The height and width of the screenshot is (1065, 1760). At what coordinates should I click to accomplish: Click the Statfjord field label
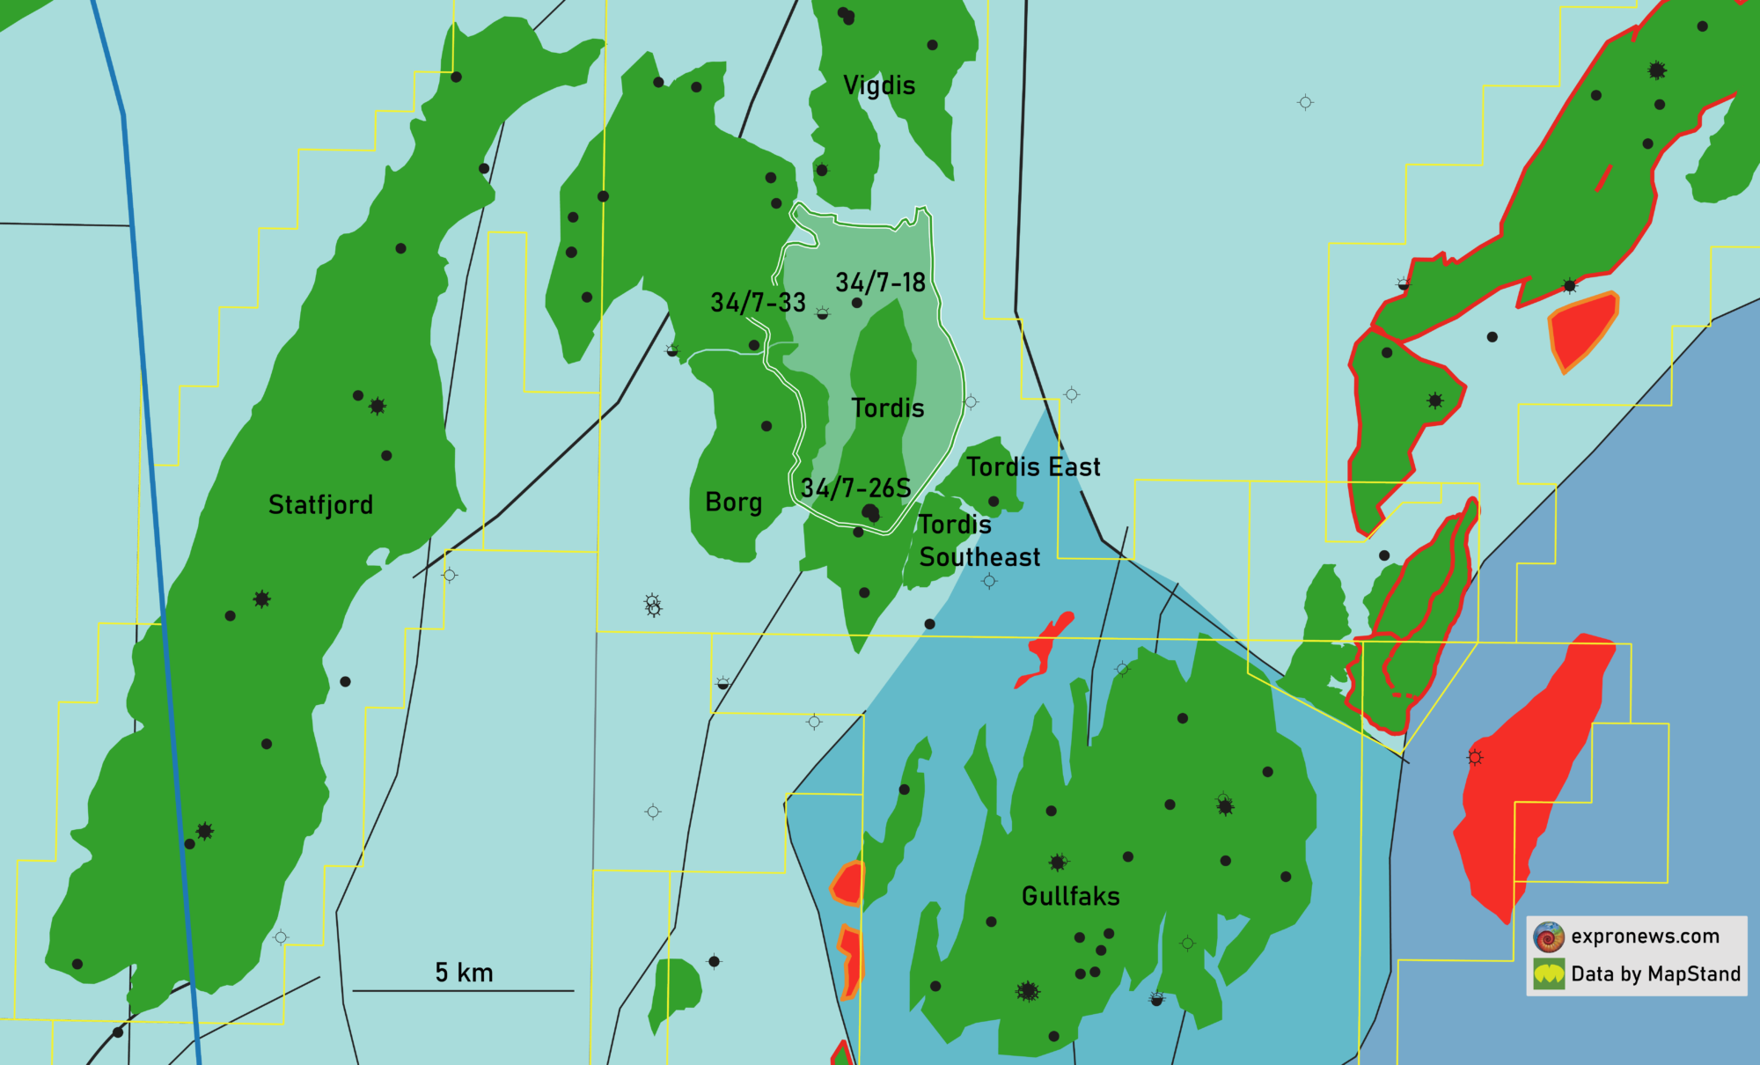point(320,504)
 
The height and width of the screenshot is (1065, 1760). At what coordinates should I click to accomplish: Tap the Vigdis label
point(879,85)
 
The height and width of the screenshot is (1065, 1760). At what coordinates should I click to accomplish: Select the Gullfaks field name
point(1070,896)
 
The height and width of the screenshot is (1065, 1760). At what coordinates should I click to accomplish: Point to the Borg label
point(733,502)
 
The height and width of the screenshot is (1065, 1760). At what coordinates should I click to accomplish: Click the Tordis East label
point(1033,466)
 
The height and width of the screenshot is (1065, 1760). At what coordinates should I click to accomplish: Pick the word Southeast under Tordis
point(979,557)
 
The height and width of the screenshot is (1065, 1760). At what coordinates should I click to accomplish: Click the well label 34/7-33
point(758,303)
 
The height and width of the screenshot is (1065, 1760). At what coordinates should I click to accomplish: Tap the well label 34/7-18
point(880,283)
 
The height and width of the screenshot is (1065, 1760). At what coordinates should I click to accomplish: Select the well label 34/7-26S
point(855,488)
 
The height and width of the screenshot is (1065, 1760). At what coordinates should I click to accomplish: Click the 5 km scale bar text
point(464,973)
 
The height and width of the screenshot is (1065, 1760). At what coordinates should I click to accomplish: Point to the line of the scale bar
point(463,991)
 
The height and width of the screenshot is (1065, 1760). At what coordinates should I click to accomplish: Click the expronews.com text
point(1645,936)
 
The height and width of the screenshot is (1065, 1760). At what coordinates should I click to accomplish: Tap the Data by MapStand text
point(1655,973)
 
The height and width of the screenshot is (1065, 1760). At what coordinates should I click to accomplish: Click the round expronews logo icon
point(1549,936)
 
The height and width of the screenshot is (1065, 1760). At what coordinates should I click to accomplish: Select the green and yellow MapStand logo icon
point(1549,974)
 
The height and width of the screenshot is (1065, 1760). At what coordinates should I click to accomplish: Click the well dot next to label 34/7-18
point(857,303)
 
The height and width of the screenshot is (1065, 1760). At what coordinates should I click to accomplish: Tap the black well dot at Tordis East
point(994,502)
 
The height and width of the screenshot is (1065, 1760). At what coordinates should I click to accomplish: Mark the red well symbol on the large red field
point(1475,757)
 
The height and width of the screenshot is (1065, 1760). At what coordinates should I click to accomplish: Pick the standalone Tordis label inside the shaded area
point(888,408)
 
